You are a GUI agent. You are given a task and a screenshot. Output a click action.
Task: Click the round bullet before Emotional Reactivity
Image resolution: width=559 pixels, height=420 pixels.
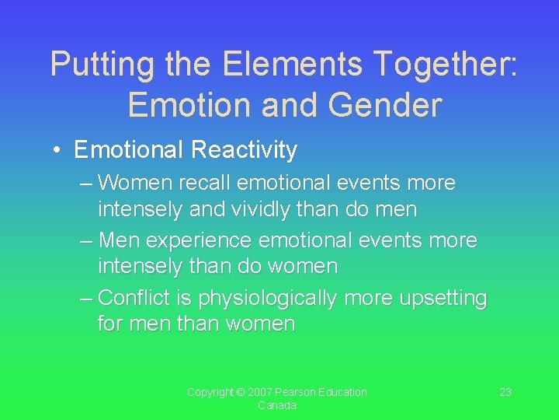[59, 150]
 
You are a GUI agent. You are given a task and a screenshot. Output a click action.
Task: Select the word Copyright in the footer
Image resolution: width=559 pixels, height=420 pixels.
[210, 392]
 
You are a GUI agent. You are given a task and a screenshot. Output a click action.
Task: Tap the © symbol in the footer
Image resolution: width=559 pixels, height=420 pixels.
[241, 392]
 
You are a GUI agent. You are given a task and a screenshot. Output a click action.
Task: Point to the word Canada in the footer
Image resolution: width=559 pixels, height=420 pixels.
[277, 406]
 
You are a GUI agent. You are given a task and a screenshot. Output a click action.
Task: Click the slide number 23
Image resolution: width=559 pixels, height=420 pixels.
[505, 392]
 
